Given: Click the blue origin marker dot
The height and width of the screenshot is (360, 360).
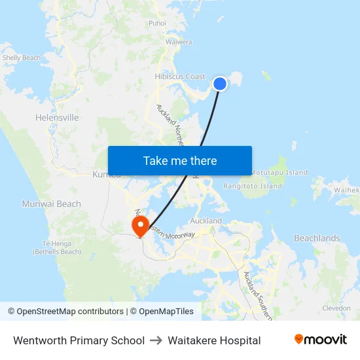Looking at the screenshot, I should tap(220, 84).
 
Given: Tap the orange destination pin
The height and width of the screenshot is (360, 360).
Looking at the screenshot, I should tap(140, 226).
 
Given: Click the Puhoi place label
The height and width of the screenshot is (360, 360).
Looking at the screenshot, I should tap(157, 23).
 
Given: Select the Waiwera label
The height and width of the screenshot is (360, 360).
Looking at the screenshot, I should tap(178, 42).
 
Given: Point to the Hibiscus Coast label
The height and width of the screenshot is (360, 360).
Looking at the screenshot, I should tap(180, 77).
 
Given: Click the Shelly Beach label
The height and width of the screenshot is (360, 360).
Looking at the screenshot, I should tap(21, 58).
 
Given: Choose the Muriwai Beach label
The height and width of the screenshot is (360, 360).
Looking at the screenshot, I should tap(51, 204).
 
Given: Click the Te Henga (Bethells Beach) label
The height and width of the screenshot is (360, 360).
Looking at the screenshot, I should tap(57, 247).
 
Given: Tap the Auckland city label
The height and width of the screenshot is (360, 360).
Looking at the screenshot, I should tap(206, 221).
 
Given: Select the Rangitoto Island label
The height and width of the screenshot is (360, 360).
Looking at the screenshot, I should tap(253, 186).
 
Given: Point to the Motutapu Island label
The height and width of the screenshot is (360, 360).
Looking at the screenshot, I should tap(279, 173).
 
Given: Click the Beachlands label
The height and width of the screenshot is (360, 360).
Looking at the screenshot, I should tap(317, 238).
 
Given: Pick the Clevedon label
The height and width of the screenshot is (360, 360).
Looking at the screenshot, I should tap(336, 308).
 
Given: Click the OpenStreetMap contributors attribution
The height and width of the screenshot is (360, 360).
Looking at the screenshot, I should tap(70, 312).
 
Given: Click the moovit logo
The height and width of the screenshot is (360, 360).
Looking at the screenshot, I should tap(320, 340).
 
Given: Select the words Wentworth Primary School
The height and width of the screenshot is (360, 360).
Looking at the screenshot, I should tap(79, 340).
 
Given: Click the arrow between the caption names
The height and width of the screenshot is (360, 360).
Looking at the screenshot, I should tap(156, 340).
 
